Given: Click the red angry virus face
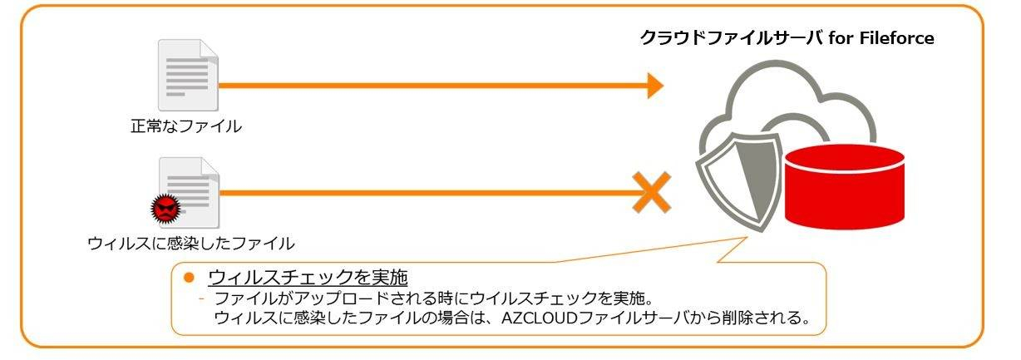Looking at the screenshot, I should [164, 207].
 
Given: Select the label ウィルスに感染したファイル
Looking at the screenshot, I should [190, 243].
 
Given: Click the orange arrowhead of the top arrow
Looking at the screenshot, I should [655, 85].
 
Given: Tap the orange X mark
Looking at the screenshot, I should [652, 193].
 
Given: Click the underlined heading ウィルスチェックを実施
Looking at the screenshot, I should [309, 277].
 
